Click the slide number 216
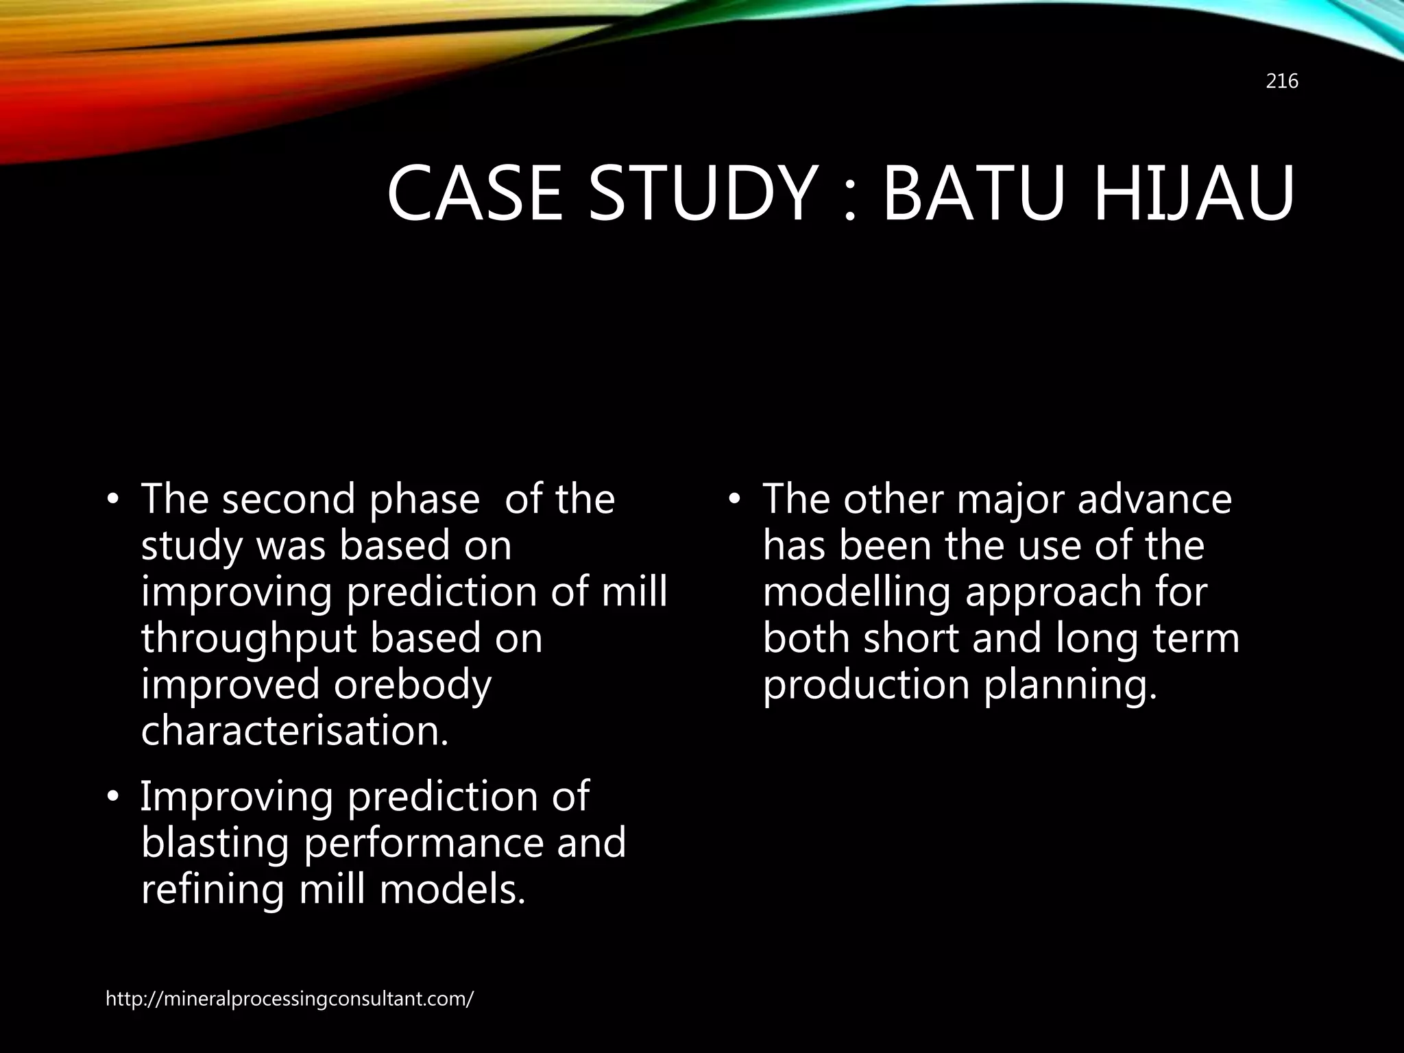[1281, 82]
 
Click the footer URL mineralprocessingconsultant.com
[289, 999]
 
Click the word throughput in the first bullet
[250, 639]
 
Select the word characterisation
[295, 731]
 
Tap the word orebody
[413, 686]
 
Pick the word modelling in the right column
[856, 592]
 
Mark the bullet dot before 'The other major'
[734, 500]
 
